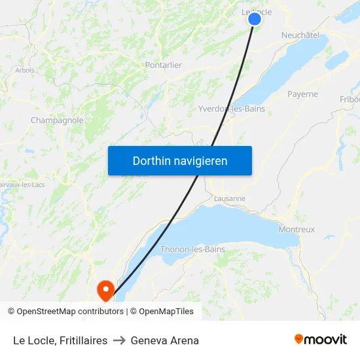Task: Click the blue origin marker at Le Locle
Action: click(x=255, y=19)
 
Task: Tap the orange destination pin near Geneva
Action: click(x=105, y=288)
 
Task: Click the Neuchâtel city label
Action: click(x=300, y=35)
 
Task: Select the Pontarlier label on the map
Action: click(x=163, y=65)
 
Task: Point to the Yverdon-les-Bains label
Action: click(x=232, y=109)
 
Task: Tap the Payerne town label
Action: click(x=302, y=94)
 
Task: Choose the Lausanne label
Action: click(x=230, y=198)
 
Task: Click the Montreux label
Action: click(x=297, y=229)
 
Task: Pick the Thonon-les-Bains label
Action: click(x=192, y=249)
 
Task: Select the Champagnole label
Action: click(x=57, y=120)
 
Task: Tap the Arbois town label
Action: click(x=25, y=70)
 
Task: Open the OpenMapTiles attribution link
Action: click(x=166, y=312)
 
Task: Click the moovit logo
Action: click(x=321, y=340)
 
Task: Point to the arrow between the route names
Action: click(x=119, y=340)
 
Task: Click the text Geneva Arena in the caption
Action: click(x=164, y=340)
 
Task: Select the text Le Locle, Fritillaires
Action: click(x=60, y=340)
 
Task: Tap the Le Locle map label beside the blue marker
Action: click(x=257, y=11)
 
